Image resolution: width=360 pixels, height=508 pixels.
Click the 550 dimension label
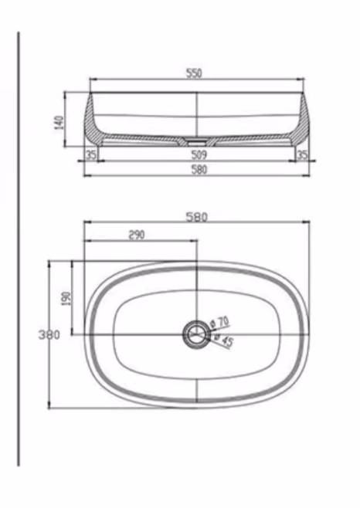[194, 73]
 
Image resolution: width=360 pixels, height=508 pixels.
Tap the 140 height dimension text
[59, 123]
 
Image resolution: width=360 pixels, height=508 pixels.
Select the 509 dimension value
[199, 155]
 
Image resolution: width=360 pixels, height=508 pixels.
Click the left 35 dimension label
[91, 155]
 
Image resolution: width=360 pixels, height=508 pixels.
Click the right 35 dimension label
[302, 155]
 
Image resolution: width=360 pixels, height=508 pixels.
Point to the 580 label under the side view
[199, 169]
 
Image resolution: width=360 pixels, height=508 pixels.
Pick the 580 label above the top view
[196, 217]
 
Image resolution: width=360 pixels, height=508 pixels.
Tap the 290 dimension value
[137, 235]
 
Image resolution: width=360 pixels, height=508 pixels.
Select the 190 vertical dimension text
[66, 298]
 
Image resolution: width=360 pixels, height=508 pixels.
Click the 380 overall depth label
[49, 334]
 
